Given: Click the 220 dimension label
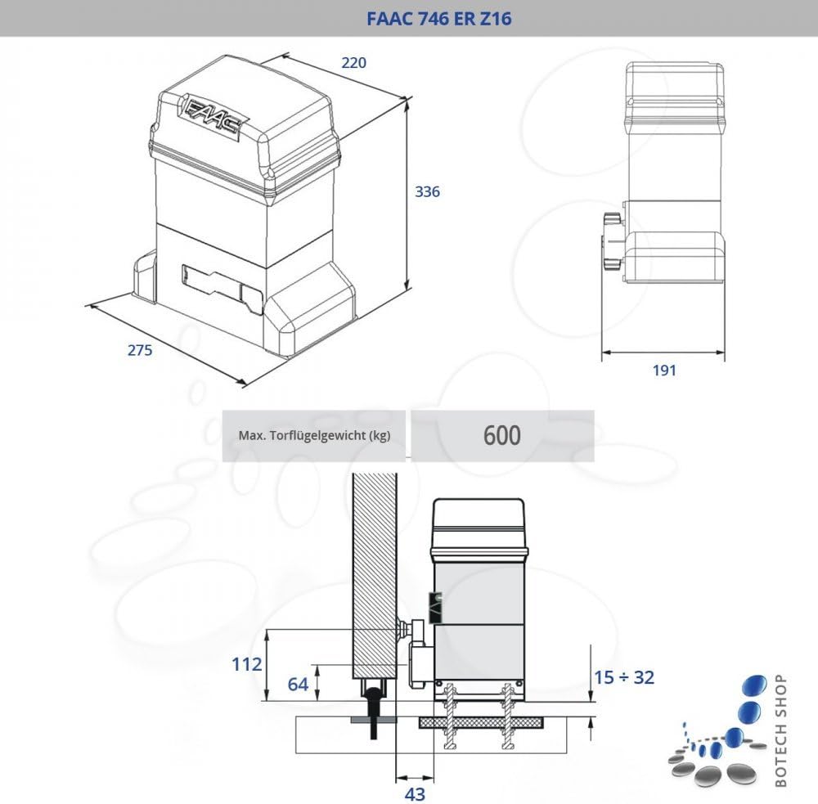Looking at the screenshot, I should (353, 62).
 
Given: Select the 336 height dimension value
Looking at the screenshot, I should (428, 191).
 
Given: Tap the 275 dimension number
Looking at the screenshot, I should (140, 350).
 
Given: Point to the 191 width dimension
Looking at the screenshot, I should (664, 370).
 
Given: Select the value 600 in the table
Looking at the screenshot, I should (501, 435).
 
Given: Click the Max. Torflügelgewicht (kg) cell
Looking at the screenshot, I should (314, 435).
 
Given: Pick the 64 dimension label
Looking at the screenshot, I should (299, 684).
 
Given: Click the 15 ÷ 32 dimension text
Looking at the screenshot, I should (625, 677).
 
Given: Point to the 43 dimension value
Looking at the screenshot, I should (415, 793).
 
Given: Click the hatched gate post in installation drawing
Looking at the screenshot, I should (374, 573).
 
